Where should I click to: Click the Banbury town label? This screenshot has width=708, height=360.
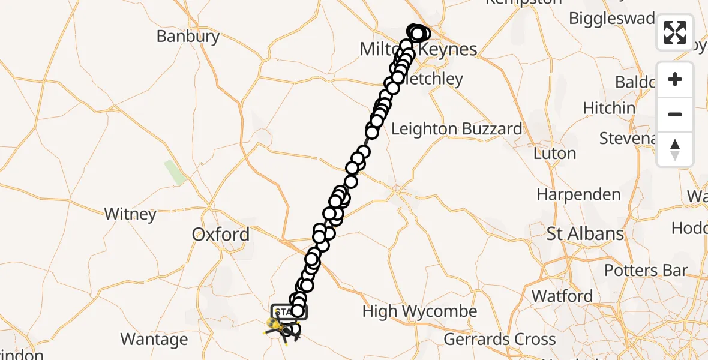click(188, 36)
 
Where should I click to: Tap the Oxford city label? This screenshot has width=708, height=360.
click(221, 235)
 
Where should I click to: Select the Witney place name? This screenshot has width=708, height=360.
click(130, 214)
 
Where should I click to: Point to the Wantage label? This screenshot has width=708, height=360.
click(154, 340)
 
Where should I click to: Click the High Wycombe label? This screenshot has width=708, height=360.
click(419, 311)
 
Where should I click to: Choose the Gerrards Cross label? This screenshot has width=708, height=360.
click(500, 340)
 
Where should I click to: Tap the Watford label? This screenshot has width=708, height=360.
click(562, 296)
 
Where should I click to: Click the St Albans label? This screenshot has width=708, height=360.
click(585, 233)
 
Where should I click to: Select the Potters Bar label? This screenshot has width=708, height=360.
click(645, 271)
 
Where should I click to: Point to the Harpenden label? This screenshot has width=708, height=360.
click(578, 195)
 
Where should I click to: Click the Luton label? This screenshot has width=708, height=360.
click(554, 154)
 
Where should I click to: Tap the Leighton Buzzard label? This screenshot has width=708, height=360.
click(456, 129)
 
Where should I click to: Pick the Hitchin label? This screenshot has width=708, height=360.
click(609, 109)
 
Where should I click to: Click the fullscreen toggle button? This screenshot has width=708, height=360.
click(675, 32)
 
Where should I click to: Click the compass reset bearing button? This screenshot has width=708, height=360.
click(675, 149)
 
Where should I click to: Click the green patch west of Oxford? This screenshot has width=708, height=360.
click(175, 173)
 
